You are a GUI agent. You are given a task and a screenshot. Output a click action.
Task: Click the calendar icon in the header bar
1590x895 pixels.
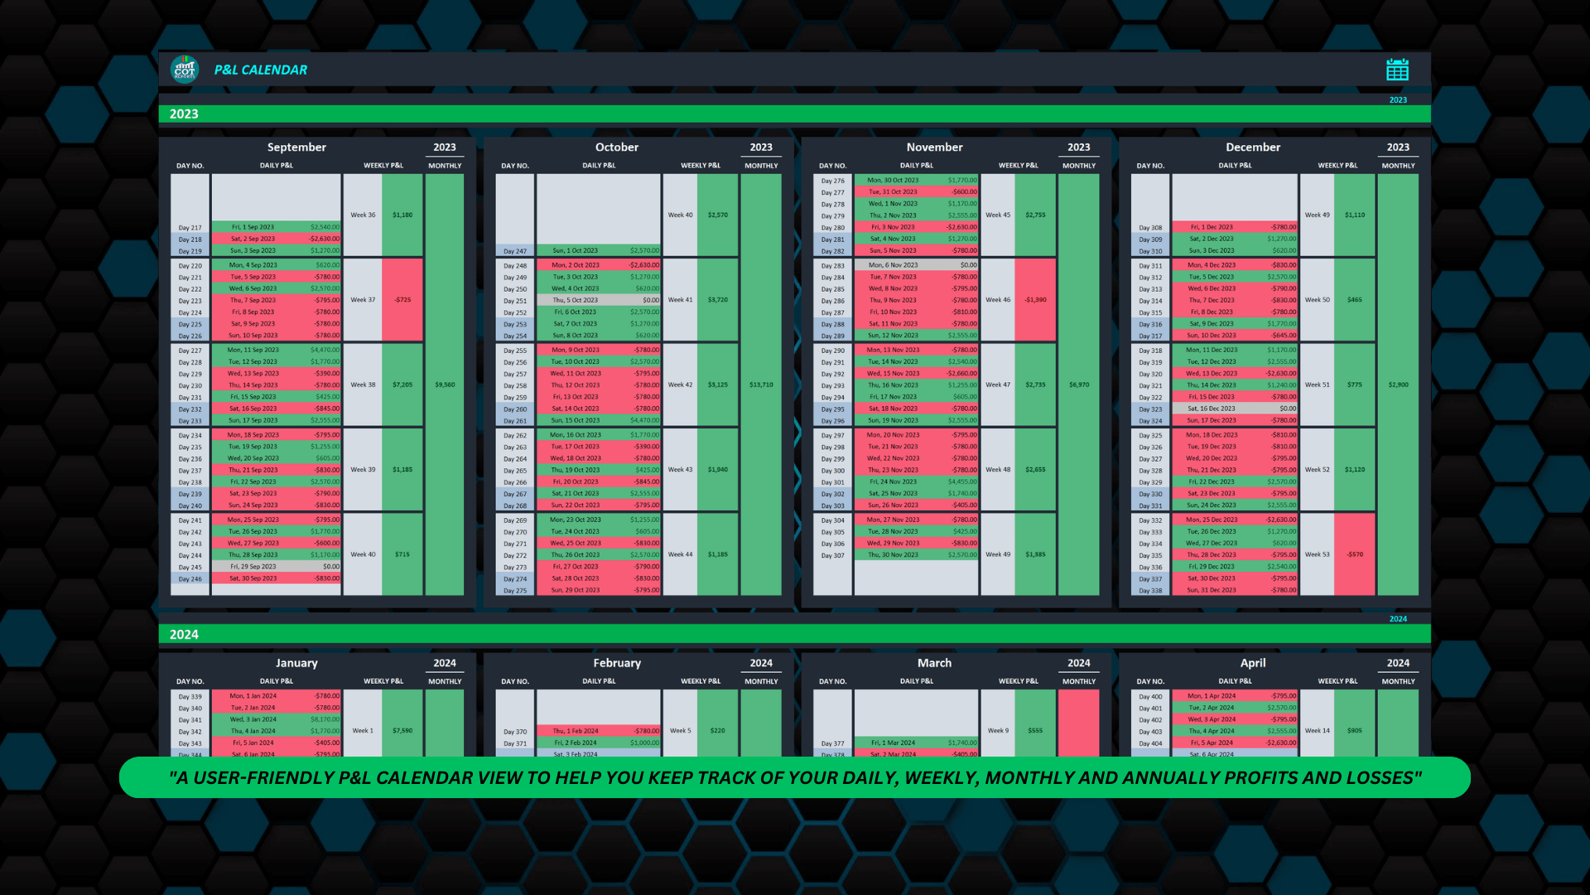click(1397, 70)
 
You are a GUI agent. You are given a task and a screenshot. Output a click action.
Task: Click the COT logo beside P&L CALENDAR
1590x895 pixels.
click(185, 70)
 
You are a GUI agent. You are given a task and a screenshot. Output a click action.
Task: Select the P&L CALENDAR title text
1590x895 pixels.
click(260, 70)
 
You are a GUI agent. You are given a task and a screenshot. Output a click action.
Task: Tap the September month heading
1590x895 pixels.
click(296, 148)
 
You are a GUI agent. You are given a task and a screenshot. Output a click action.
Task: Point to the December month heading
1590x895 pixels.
click(1252, 148)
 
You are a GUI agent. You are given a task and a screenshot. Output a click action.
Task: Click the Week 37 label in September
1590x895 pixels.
click(363, 300)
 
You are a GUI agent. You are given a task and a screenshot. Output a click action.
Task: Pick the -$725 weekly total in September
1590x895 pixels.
click(402, 300)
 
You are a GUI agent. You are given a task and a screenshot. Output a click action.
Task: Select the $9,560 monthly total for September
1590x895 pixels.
click(445, 385)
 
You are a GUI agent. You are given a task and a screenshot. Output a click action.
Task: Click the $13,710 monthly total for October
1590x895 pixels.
click(761, 385)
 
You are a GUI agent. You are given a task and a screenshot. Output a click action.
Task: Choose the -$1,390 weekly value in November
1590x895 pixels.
click(1035, 300)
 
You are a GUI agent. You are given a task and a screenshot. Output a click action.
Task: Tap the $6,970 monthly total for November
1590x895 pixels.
click(1078, 385)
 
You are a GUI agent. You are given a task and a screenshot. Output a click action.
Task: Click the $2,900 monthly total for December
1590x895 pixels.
click(1398, 385)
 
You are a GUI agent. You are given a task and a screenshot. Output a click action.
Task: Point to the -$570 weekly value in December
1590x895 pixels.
click(1354, 554)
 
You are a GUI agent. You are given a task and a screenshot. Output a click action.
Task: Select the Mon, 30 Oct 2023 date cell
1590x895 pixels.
click(892, 180)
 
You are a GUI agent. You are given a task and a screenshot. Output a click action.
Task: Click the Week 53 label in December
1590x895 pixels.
click(1317, 554)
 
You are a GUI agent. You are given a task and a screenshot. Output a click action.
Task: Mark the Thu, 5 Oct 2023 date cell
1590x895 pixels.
click(575, 300)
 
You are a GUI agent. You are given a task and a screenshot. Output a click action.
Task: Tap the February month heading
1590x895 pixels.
click(617, 663)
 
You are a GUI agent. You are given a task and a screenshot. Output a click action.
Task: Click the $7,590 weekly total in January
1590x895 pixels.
click(402, 731)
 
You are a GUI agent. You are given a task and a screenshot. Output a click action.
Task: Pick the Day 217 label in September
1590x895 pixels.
click(190, 228)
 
